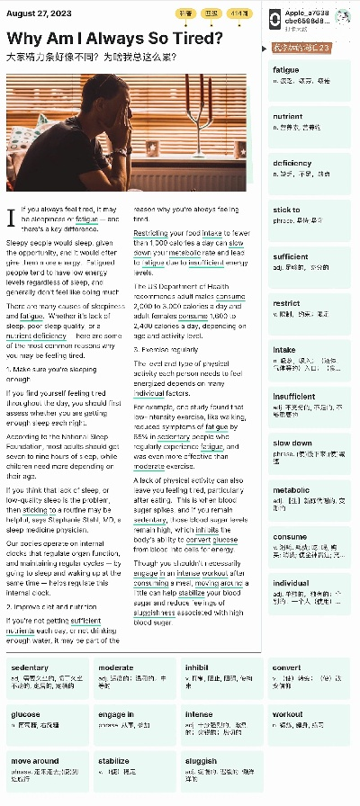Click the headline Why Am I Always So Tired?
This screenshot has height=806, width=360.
coord(115,38)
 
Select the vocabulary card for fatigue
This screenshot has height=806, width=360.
coord(310,75)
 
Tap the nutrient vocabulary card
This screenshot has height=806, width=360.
coord(310,121)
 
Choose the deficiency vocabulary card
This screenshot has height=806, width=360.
coord(310,168)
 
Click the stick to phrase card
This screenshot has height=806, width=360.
coord(310,215)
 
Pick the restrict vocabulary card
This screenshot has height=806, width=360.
coord(310,309)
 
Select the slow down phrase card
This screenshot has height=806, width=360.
coord(310,449)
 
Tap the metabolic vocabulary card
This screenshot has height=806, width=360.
coord(310,496)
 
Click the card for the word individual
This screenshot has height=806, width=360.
coord(310,588)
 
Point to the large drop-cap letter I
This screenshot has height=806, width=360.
coord(11,218)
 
